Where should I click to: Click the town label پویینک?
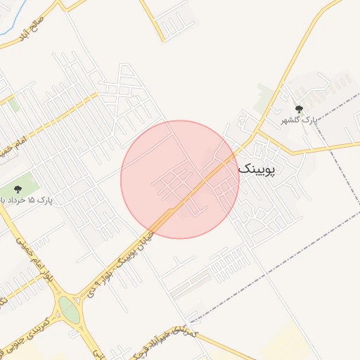point(260,169)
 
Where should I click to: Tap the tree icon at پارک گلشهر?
point(300,108)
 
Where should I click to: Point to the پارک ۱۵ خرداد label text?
point(28,200)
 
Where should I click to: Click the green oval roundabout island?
point(69,309)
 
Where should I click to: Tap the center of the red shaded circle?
point(180,179)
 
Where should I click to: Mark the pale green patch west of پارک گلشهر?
point(266,96)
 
